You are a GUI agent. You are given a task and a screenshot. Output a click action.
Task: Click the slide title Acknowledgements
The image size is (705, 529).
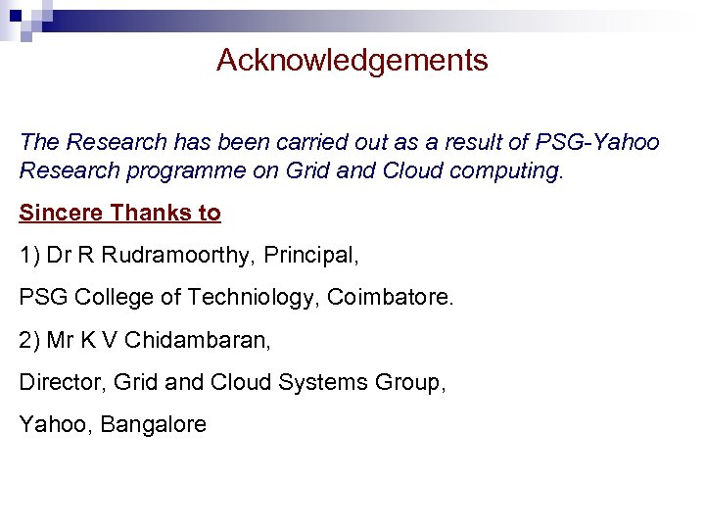click(352, 61)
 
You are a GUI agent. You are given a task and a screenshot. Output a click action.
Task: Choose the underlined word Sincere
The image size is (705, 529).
click(62, 213)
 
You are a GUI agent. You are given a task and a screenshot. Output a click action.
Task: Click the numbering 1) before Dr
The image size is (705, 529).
click(29, 256)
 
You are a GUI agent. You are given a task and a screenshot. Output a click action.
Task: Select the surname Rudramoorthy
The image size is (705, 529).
click(178, 256)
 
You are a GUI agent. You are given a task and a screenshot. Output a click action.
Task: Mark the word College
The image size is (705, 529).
click(106, 298)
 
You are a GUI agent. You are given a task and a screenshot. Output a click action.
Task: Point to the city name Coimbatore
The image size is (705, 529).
click(391, 298)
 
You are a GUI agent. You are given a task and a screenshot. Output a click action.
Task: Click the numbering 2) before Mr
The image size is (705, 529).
click(29, 340)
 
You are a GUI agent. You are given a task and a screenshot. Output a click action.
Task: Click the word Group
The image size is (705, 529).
click(411, 382)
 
